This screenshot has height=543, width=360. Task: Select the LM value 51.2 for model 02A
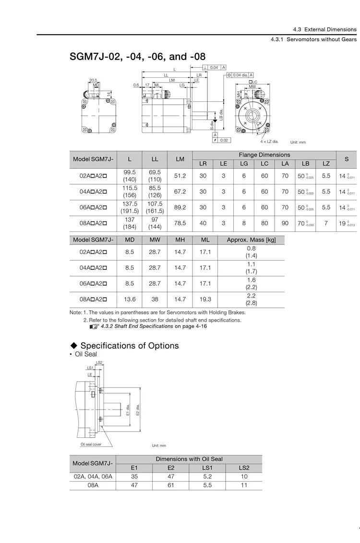180,176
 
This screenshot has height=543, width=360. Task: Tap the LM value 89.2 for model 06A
180,207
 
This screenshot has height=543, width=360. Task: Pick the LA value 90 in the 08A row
285,223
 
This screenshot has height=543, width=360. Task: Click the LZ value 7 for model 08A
326,223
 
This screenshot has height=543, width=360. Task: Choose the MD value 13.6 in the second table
130,299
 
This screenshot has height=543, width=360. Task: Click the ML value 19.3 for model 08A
205,299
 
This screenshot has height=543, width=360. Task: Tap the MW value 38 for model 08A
155,299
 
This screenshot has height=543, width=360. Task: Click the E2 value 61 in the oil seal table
171,485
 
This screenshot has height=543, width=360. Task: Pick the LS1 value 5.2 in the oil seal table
207,476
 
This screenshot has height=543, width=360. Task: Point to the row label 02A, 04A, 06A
93,476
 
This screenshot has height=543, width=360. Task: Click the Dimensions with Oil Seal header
189,459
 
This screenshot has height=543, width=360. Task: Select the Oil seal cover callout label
91,445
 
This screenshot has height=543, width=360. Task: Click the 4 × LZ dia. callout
269,142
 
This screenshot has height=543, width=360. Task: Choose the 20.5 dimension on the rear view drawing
93,80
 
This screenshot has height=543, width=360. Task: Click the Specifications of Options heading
129,346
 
